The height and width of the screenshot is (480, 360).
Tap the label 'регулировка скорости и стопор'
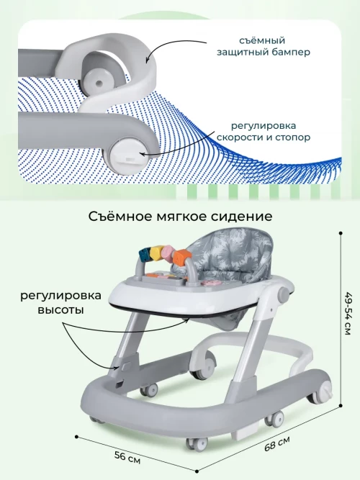coord(264,132)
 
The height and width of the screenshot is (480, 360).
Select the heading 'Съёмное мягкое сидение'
coord(180,217)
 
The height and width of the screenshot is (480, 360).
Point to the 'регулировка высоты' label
coord(60,303)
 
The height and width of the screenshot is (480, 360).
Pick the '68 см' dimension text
coord(277,443)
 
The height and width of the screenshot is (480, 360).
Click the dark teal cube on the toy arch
coord(143,255)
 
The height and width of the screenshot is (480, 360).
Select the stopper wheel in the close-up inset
coord(122,154)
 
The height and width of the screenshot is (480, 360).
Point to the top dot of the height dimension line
coord(341,233)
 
